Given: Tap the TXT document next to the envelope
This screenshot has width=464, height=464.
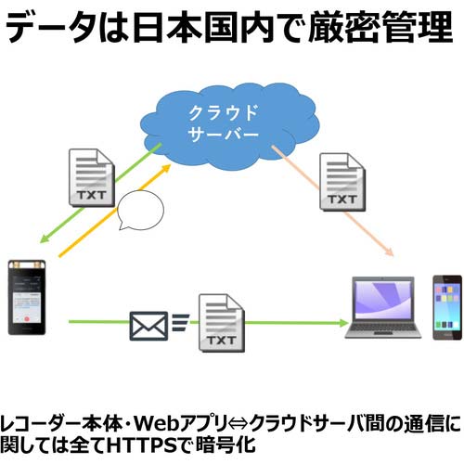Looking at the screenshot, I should tap(220, 324).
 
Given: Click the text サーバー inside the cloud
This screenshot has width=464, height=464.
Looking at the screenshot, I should tap(225, 135).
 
